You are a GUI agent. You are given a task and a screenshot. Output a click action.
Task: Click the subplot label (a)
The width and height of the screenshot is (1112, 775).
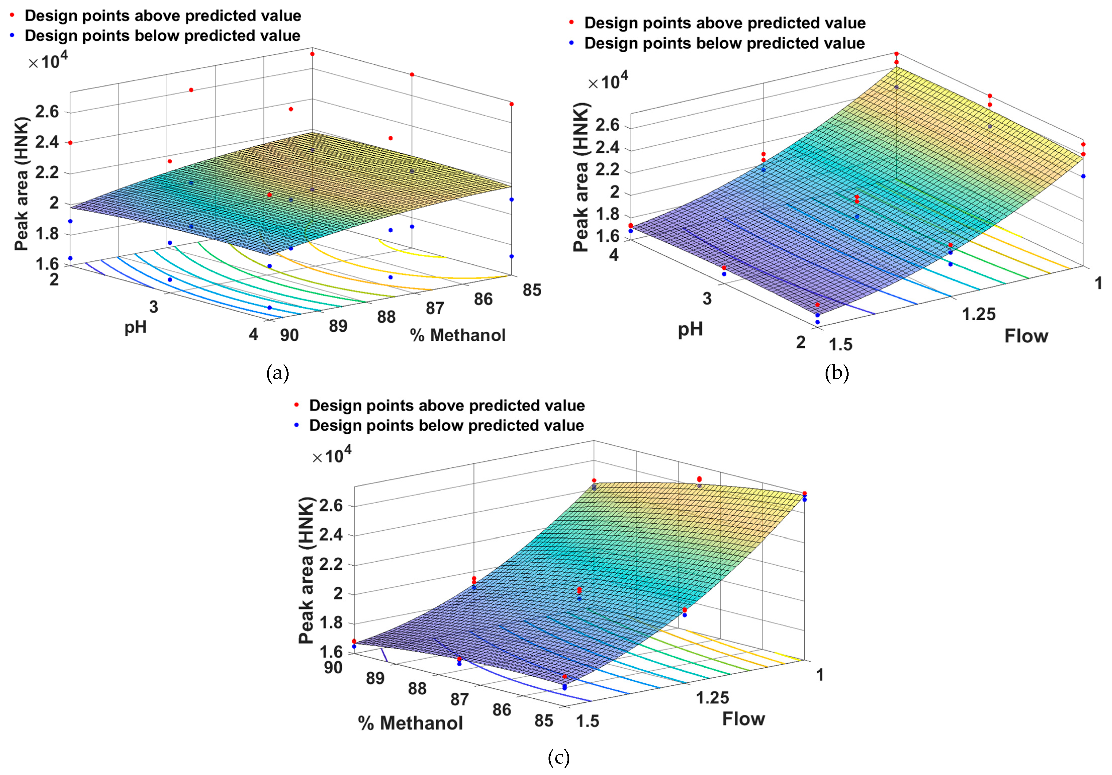[278, 373]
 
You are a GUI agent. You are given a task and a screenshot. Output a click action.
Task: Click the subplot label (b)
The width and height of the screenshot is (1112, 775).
[837, 373]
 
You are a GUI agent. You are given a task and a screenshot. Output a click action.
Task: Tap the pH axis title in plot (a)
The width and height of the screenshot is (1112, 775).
[136, 328]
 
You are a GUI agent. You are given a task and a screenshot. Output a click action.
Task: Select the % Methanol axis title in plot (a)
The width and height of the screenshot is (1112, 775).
[458, 335]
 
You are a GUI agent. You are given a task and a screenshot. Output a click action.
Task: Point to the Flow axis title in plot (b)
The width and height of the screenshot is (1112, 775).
[1026, 336]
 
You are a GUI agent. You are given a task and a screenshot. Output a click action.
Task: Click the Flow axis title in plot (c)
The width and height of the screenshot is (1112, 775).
[744, 719]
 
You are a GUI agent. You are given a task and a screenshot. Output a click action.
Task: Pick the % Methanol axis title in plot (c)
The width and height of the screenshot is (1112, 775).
[411, 723]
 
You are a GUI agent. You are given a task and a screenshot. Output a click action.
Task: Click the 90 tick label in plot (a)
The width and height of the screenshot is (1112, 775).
[290, 335]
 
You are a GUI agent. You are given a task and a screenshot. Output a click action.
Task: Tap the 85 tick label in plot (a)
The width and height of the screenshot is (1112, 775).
[532, 290]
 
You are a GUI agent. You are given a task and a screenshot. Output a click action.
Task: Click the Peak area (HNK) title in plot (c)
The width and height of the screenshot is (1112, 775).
[306, 570]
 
